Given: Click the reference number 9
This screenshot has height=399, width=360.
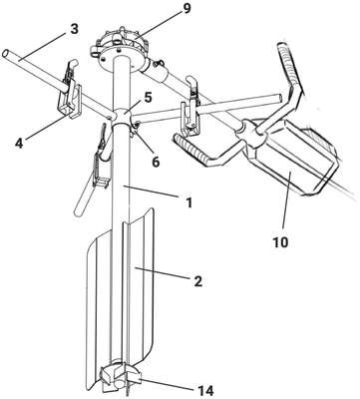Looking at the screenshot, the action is [x=186, y=9].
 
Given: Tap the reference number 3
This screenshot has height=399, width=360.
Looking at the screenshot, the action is [x=74, y=29].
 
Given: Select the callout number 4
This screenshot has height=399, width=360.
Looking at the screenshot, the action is [x=20, y=143].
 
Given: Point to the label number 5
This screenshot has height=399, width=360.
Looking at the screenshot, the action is [x=148, y=98].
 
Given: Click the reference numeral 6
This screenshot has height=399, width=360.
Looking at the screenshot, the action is [x=156, y=162].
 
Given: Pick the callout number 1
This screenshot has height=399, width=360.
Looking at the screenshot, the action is [x=188, y=202].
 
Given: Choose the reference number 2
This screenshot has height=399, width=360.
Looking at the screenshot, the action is [x=197, y=281].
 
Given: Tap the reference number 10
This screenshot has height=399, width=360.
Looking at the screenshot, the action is [x=281, y=242].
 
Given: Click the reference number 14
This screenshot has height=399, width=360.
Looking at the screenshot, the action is [x=204, y=390].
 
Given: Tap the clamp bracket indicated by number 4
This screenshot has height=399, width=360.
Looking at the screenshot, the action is [x=70, y=97].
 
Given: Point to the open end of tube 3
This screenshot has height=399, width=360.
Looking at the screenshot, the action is [x=6, y=53].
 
